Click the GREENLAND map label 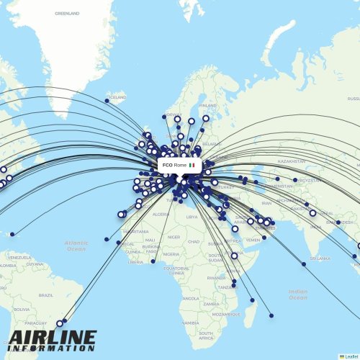point(67,13)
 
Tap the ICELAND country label point(117,96)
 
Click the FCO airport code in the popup point(168,165)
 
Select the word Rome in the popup point(180,165)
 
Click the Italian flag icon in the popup point(192,165)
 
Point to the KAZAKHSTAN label point(291,161)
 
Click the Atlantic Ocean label point(76,246)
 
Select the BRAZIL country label point(46,294)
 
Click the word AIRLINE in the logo point(53,337)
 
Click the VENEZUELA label point(19,256)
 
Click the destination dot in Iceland point(107,101)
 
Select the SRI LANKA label point(319,258)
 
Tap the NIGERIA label point(171,254)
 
